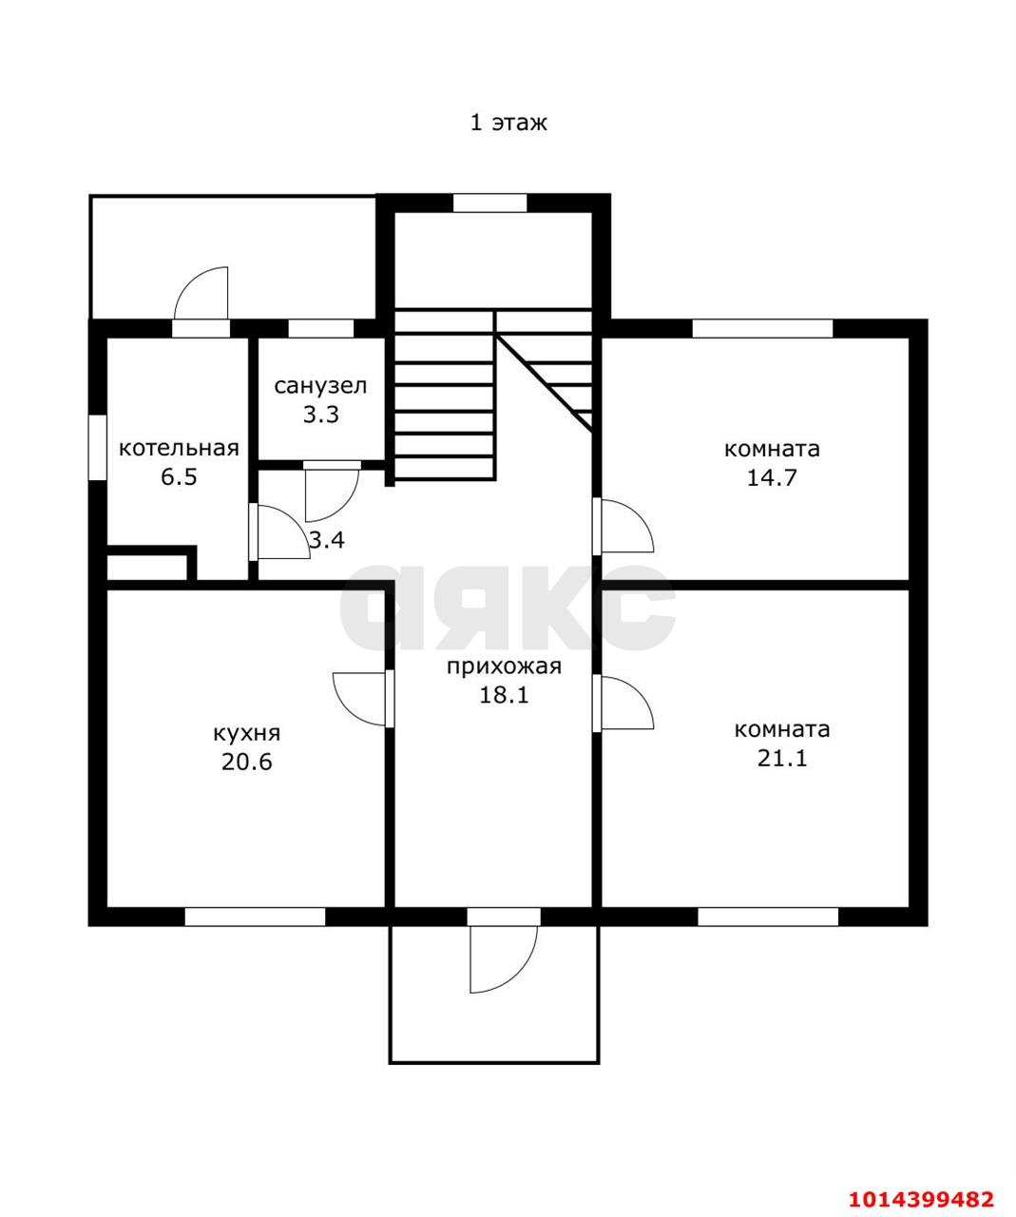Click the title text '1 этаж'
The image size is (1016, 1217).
pyautogui.click(x=508, y=123)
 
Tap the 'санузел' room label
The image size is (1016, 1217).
pyautogui.click(x=320, y=386)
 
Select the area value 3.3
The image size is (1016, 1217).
pyautogui.click(x=321, y=415)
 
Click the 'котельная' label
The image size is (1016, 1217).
pyautogui.click(x=179, y=448)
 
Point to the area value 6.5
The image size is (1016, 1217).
pyautogui.click(x=179, y=477)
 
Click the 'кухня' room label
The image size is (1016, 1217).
pyautogui.click(x=246, y=733)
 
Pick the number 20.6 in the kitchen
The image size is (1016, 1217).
pyautogui.click(x=246, y=762)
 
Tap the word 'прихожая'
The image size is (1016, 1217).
pyautogui.click(x=504, y=666)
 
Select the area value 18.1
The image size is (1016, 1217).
pyautogui.click(x=504, y=695)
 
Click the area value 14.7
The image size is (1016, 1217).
pyautogui.click(x=772, y=477)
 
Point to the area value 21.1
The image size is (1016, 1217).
pyautogui.click(x=782, y=759)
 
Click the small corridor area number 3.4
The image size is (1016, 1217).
pyautogui.click(x=326, y=540)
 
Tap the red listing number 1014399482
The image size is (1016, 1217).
pyautogui.click(x=920, y=1195)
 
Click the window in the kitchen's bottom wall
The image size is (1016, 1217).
pyautogui.click(x=255, y=917)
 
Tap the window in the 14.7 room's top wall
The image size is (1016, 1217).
pyautogui.click(x=762, y=328)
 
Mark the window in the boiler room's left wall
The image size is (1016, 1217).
pyautogui.click(x=97, y=447)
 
